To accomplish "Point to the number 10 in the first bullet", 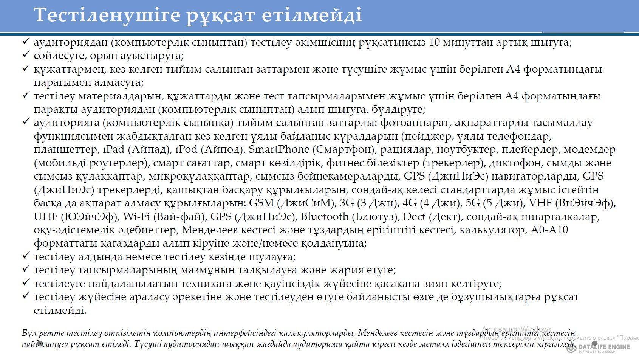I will pos(436,42).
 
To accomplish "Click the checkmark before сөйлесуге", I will pos(26,55).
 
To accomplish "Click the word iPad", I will pos(113,150).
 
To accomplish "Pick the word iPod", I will pos(186,150).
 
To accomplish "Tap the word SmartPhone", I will pos(279,150).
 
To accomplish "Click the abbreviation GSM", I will pos(261,203).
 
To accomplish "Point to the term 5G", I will pos(473,203).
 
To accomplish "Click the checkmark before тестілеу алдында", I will pos(26,256).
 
